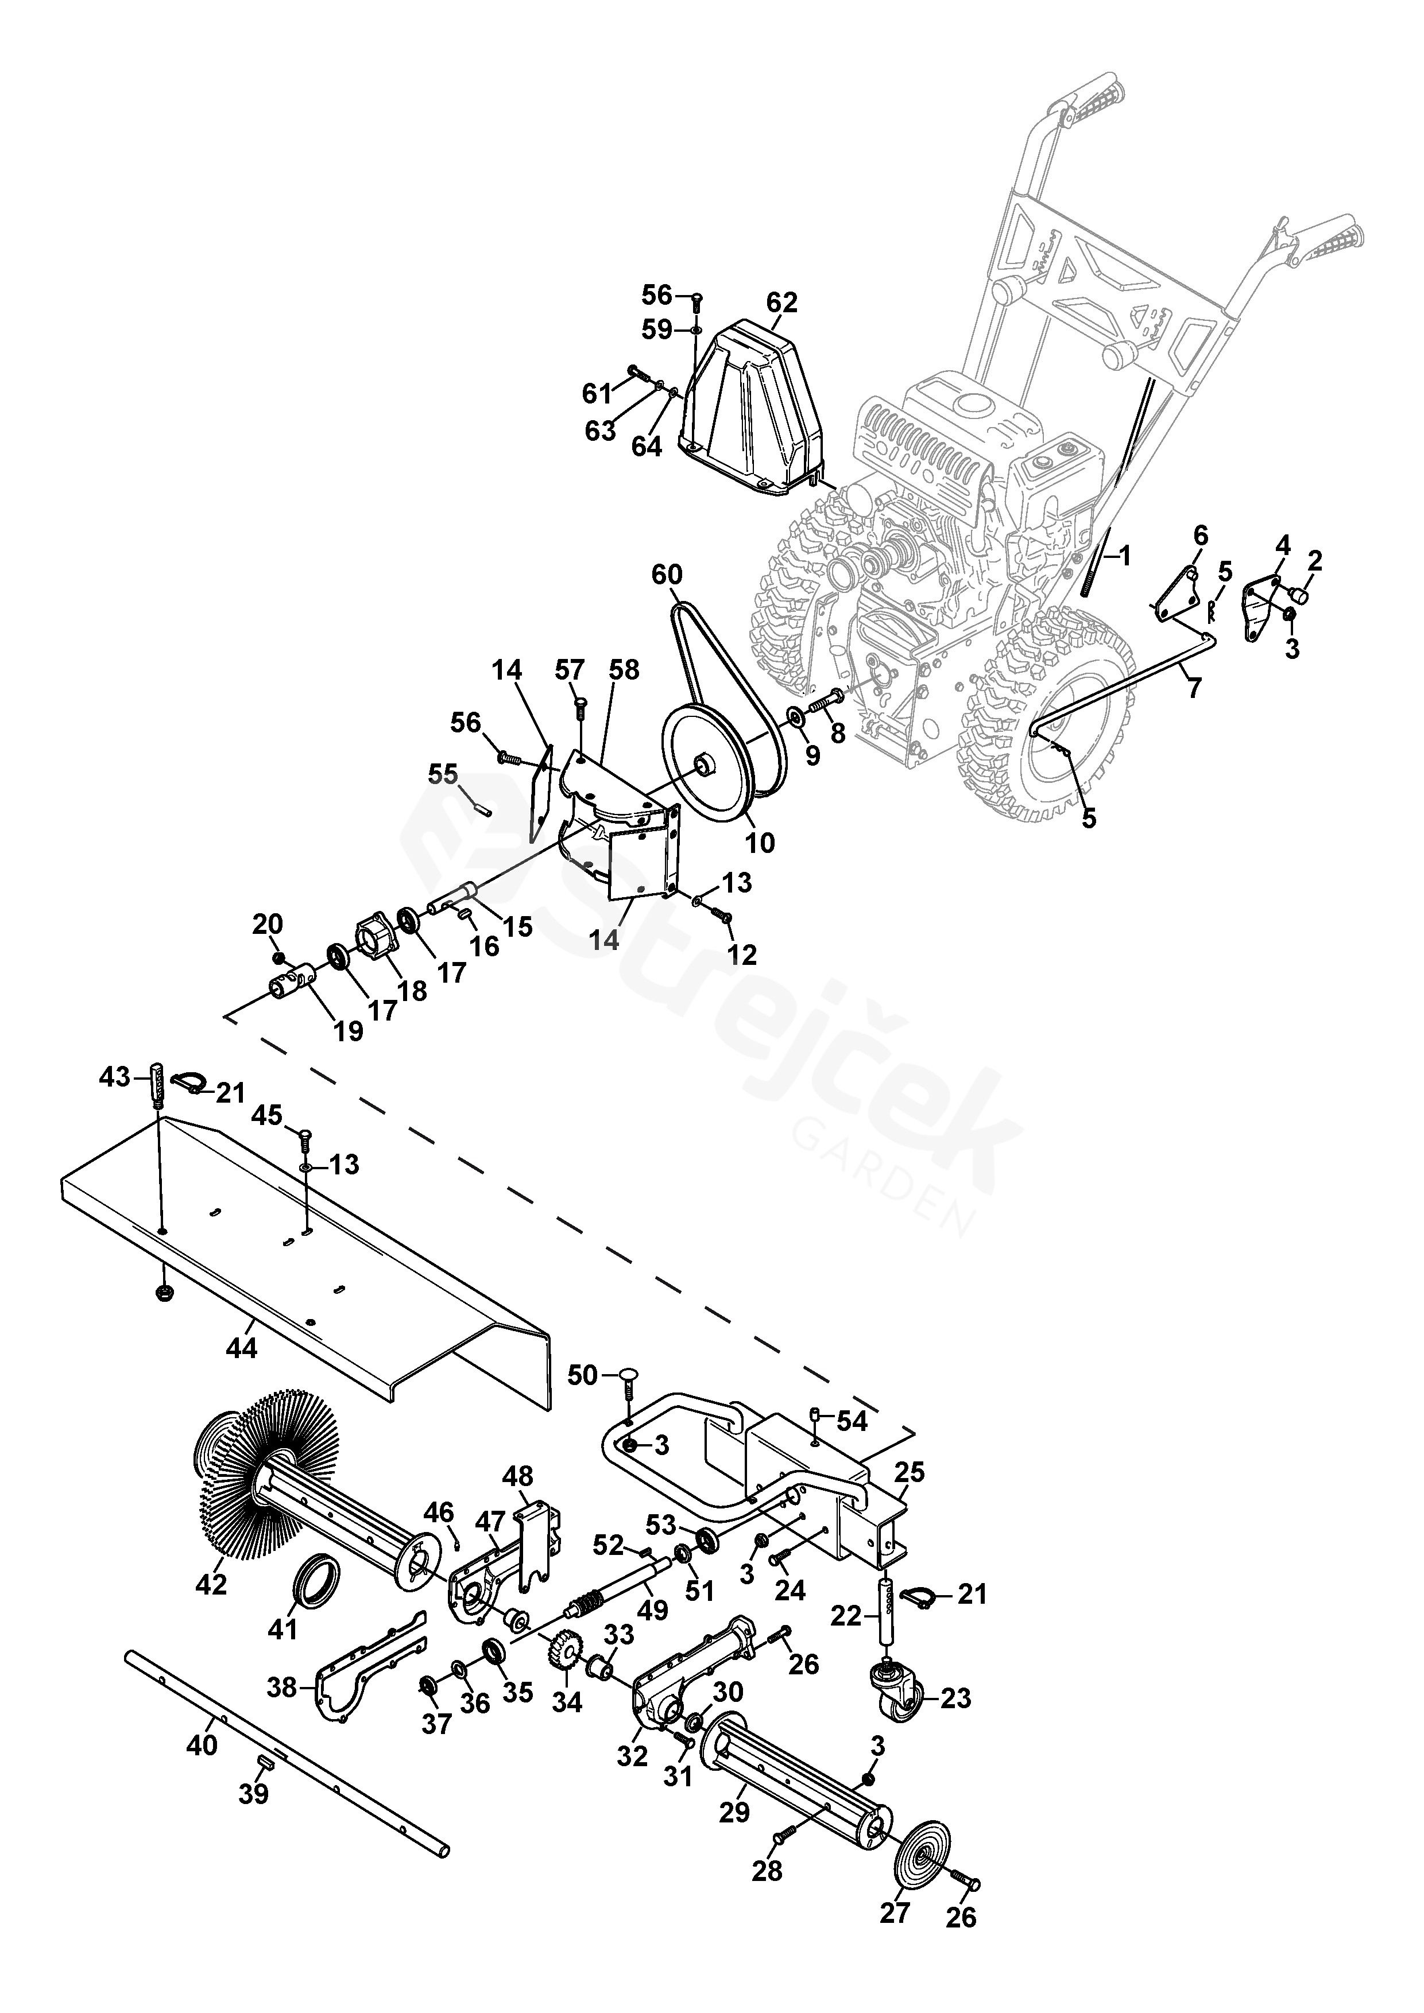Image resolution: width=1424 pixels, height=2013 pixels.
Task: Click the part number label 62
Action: (781, 302)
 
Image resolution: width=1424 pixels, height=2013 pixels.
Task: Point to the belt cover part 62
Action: (759, 412)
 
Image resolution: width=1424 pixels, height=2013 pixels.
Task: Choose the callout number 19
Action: (348, 1031)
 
